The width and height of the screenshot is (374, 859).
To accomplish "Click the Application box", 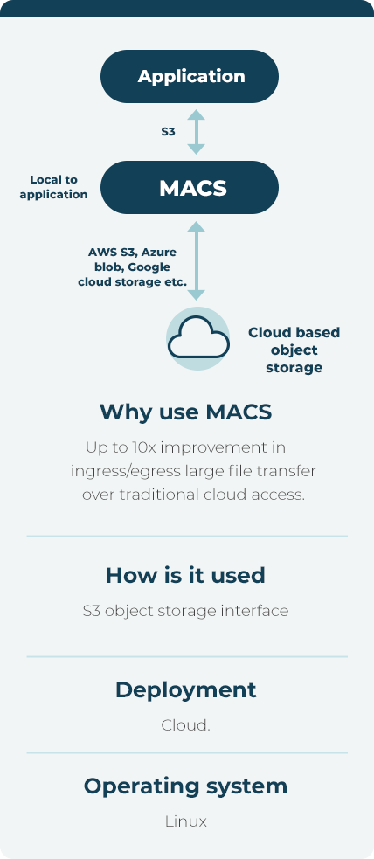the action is (x=190, y=76).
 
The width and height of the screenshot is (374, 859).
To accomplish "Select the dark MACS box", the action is (x=190, y=187).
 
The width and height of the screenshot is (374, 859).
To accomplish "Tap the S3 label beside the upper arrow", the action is (x=168, y=131).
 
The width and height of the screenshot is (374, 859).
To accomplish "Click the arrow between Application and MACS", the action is (x=196, y=131).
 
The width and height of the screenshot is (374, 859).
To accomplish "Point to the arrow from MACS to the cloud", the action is (x=196, y=260).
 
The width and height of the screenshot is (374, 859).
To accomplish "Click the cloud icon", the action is (x=197, y=338).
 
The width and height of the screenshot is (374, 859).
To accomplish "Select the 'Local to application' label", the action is (x=53, y=187).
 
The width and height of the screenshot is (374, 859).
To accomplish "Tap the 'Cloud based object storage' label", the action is (x=294, y=350).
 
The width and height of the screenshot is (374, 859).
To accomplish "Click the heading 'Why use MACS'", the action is (x=185, y=412).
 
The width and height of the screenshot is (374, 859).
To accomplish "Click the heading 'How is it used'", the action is (x=185, y=575).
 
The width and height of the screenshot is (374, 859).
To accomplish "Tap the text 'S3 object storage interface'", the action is (x=185, y=610).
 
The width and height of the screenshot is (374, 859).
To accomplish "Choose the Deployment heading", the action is (x=185, y=690).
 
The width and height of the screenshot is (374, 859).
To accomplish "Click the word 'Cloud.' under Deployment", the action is (x=185, y=725).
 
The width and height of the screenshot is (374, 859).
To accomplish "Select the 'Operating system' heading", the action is (x=185, y=786).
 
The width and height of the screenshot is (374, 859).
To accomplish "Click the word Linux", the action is (x=185, y=821).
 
